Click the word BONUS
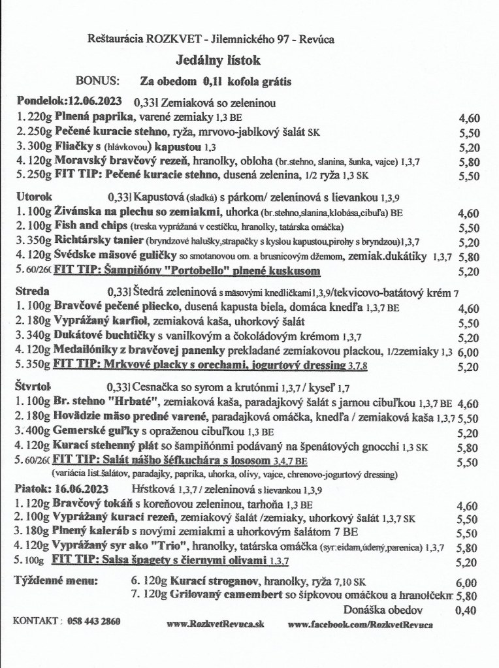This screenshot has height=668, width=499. (98, 82)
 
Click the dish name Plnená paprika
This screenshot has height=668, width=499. (94, 118)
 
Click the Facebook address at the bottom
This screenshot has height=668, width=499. (361, 625)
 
